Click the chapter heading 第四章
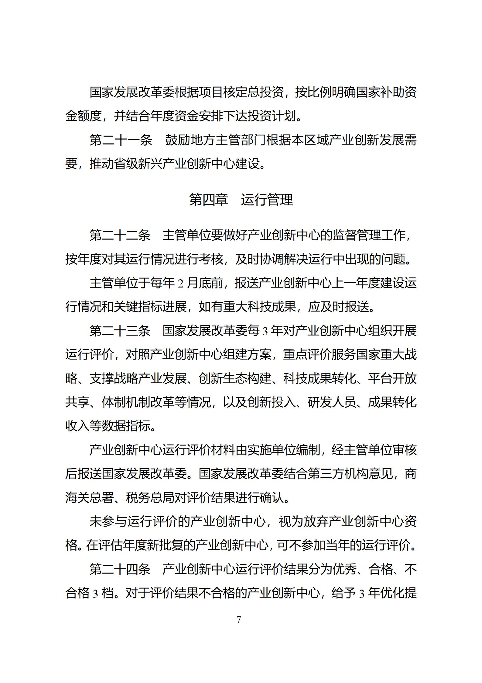tap(208, 200)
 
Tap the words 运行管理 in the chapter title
tap(267, 200)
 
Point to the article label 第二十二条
tap(120, 235)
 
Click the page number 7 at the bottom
tap(239, 619)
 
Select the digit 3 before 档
tap(95, 593)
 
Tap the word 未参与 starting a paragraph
tap(108, 522)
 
